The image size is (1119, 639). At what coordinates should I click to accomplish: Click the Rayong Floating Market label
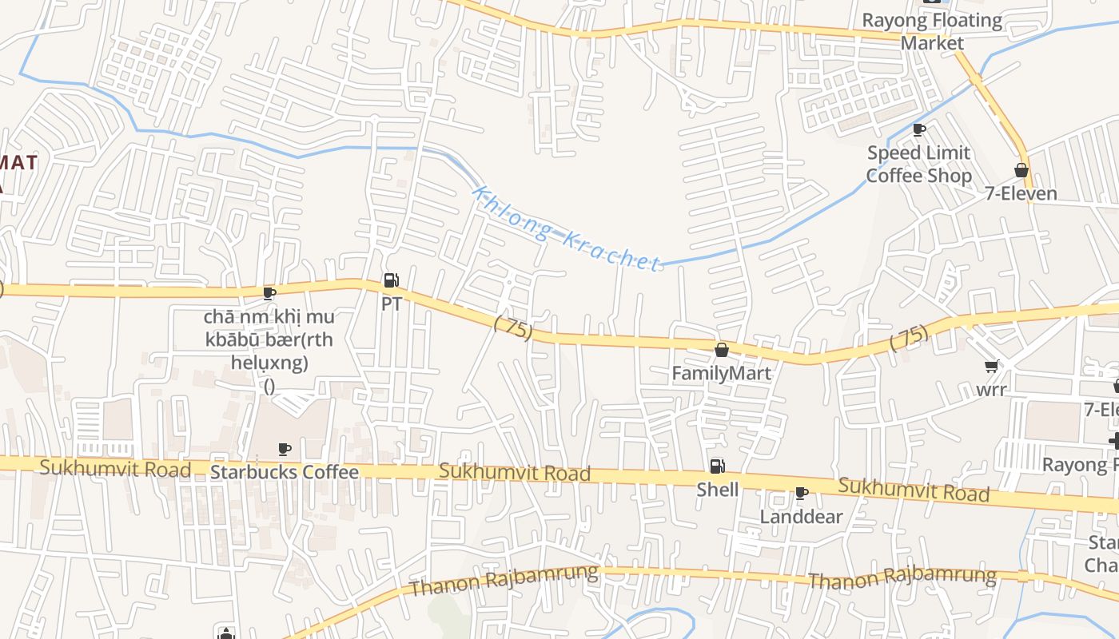(x=932, y=31)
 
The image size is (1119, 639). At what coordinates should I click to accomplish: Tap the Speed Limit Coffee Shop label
(x=919, y=164)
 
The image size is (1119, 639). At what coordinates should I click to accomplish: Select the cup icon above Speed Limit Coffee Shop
(x=919, y=129)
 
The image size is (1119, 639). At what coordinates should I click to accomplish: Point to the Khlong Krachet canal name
(x=566, y=228)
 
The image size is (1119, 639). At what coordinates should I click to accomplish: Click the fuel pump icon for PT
(x=391, y=280)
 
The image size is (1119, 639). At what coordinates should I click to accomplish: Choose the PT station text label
(x=391, y=304)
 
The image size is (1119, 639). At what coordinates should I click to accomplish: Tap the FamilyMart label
(x=721, y=373)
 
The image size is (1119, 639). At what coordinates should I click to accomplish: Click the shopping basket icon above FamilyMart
(x=721, y=350)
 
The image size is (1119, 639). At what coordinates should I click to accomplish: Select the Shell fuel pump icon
(x=717, y=466)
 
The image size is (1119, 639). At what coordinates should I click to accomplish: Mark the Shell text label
(x=717, y=490)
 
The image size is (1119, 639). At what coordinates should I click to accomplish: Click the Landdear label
(x=801, y=517)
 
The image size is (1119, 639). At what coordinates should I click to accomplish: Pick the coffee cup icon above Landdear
(x=801, y=494)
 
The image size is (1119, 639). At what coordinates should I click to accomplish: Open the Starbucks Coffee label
(x=284, y=472)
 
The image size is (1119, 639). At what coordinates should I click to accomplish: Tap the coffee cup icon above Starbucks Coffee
(x=284, y=449)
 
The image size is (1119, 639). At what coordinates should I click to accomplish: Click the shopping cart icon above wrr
(x=991, y=367)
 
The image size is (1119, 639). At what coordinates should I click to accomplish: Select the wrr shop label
(x=991, y=390)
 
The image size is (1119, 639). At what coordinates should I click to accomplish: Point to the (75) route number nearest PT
(x=513, y=327)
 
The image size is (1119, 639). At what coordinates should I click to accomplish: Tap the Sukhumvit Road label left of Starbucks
(x=115, y=468)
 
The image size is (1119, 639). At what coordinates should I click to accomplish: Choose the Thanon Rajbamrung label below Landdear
(x=902, y=577)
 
